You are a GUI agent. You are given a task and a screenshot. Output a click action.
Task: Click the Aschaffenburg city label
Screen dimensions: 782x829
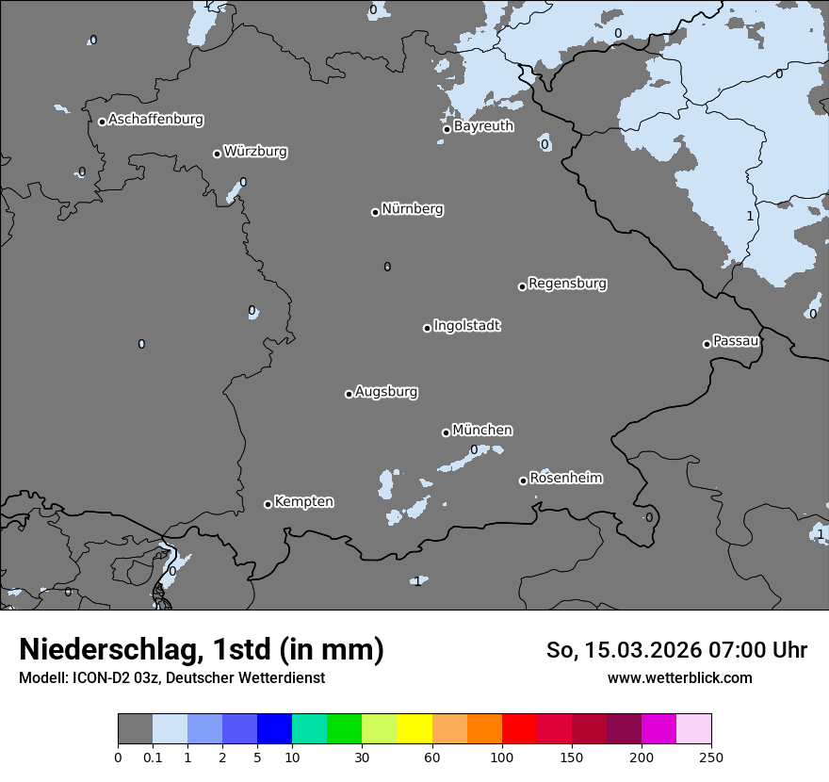tap(155, 120)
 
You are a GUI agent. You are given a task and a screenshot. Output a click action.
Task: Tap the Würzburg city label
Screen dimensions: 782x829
tap(255, 152)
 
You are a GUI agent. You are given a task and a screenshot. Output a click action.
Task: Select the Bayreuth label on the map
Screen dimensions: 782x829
tap(483, 126)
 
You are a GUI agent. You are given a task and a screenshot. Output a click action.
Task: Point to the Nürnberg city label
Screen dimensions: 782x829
tap(413, 209)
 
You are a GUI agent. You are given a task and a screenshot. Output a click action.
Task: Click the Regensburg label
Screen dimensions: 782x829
tap(567, 284)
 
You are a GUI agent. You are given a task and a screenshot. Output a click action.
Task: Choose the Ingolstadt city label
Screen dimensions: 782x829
tap(467, 326)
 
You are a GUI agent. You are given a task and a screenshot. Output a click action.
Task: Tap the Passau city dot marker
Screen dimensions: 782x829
tap(707, 344)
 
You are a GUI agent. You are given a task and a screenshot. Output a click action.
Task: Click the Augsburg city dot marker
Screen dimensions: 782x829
tap(349, 394)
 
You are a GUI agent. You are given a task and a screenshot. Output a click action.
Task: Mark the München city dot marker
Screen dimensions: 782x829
tap(446, 432)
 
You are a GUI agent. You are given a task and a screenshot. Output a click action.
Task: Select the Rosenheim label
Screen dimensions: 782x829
tap(565, 479)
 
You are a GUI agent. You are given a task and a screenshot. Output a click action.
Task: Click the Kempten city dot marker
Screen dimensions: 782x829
tap(268, 504)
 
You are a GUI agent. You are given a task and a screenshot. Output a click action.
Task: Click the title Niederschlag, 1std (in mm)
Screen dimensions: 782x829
tap(202, 650)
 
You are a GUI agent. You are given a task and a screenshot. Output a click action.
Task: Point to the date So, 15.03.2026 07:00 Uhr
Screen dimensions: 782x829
tap(676, 650)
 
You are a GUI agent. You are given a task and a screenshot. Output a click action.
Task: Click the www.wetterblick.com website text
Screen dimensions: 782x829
tap(679, 677)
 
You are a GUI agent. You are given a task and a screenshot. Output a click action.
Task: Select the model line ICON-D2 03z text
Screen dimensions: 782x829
tap(171, 677)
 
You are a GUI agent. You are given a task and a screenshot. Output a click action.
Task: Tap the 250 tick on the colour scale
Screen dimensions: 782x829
tap(711, 757)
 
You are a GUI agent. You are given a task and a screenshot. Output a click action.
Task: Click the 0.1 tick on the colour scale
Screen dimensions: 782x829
tap(153, 757)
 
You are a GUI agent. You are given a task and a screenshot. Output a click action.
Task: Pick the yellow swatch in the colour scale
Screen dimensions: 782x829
tap(414, 729)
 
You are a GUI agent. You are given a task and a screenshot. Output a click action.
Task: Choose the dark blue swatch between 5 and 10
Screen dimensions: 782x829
tap(274, 729)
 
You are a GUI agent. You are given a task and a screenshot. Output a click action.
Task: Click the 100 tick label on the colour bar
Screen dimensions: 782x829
tap(502, 757)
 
